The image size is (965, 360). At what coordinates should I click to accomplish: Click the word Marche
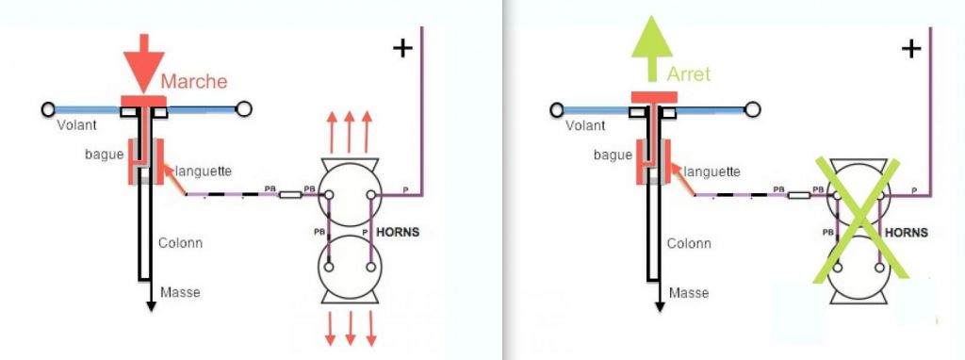click(x=194, y=81)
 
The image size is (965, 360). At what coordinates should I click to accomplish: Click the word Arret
click(x=689, y=74)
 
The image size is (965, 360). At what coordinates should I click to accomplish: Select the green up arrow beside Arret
click(x=652, y=49)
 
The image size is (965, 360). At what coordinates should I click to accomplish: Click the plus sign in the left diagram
click(x=402, y=48)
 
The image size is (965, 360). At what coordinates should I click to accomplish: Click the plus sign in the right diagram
click(x=911, y=48)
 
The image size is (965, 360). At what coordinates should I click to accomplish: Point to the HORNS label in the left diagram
click(x=398, y=232)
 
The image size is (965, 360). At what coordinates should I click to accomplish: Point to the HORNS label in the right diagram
click(x=907, y=233)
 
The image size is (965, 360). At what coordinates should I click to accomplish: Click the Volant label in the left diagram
click(x=77, y=125)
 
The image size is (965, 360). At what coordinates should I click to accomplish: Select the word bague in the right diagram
click(x=613, y=155)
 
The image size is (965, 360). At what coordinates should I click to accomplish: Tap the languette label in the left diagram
click(x=204, y=172)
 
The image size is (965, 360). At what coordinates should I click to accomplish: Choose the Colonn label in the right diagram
click(x=689, y=244)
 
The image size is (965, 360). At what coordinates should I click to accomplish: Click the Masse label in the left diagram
click(x=180, y=292)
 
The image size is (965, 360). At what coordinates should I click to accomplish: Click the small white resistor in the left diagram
click(x=290, y=195)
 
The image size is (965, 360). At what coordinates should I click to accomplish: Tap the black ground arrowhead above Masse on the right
click(x=660, y=306)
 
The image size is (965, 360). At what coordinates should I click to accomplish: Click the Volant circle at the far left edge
click(x=48, y=109)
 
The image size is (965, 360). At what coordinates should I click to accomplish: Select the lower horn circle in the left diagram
click(x=350, y=267)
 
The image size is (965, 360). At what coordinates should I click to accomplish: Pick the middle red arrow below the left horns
click(x=351, y=329)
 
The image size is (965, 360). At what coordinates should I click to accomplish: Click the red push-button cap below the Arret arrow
click(x=654, y=97)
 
